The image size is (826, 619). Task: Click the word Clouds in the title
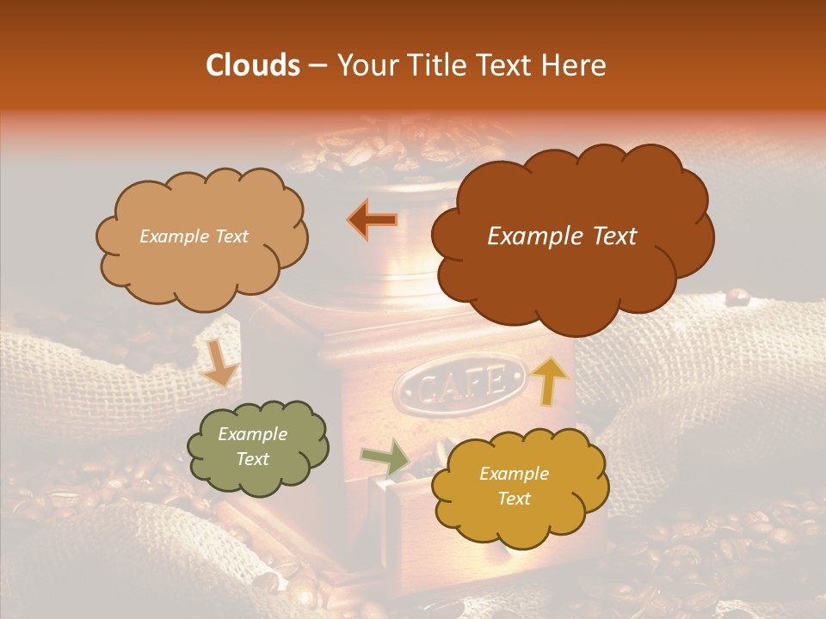(252, 65)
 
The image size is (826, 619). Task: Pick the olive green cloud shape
(257, 447)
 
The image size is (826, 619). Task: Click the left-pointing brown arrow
(373, 220)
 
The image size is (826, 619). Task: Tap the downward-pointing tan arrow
(219, 362)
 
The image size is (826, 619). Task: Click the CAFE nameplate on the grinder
(460, 381)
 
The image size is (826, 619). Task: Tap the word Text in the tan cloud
(230, 236)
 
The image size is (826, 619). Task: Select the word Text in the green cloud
(252, 459)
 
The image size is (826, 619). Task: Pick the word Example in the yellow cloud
(514, 474)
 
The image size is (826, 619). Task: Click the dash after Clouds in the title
(317, 65)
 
